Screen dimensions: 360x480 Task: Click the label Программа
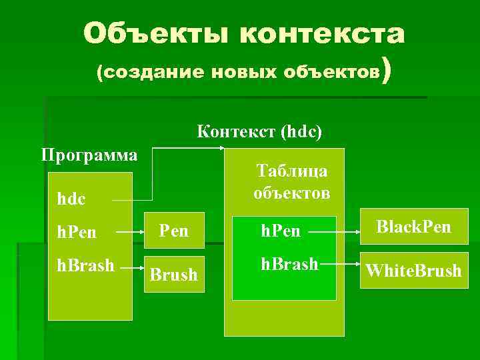[89, 155]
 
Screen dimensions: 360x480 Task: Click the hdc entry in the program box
[72, 198]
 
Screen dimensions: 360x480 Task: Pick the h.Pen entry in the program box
[76, 233]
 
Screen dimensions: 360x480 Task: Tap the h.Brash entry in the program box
[85, 265]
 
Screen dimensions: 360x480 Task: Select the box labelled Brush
[173, 273]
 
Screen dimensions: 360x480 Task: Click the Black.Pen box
[413, 227]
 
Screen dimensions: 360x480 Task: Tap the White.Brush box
[413, 270]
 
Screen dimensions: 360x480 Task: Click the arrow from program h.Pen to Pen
[129, 233]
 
